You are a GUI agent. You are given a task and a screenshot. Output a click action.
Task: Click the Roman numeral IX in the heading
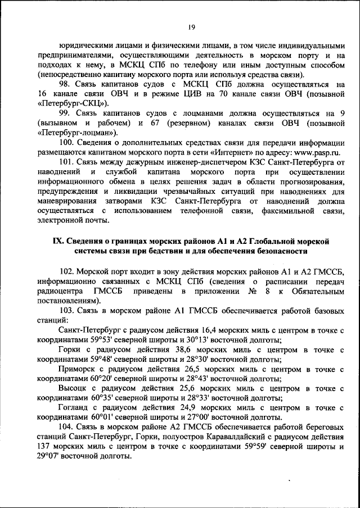(x=57, y=241)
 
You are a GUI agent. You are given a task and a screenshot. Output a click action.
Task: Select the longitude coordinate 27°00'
(x=202, y=419)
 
